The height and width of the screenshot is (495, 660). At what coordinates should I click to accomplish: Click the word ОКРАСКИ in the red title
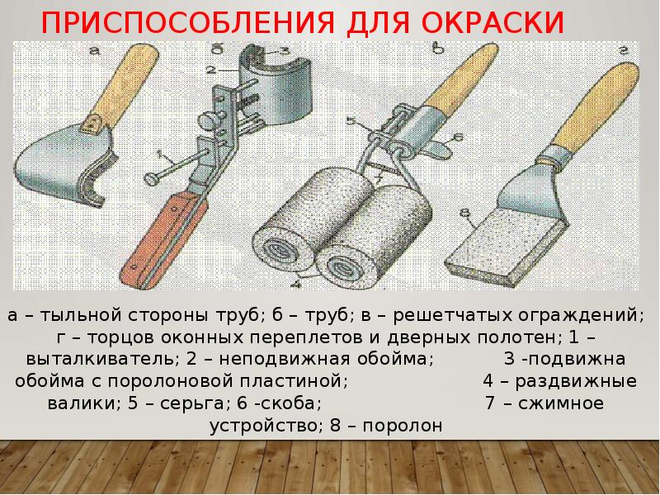click(x=493, y=23)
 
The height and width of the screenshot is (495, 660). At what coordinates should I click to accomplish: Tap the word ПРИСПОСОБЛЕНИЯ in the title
click(x=188, y=23)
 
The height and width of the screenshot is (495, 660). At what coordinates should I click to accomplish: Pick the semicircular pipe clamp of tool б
click(x=276, y=87)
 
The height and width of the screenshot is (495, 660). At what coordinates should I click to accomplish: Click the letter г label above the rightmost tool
click(x=624, y=49)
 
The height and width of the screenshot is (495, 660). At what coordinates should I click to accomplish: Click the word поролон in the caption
click(x=403, y=426)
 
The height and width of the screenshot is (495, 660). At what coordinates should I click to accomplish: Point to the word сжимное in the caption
click(x=561, y=403)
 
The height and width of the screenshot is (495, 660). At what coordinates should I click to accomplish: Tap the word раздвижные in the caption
click(x=576, y=381)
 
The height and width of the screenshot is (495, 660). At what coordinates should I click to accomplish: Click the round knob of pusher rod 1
click(x=151, y=179)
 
